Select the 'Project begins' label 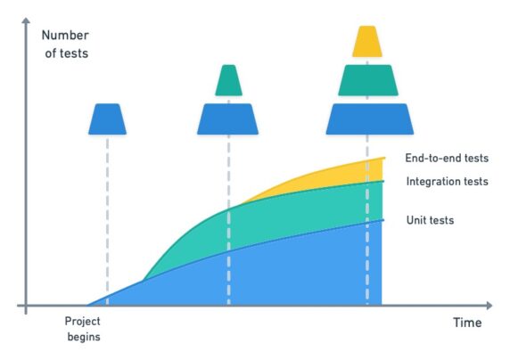82,329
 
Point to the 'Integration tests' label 447,182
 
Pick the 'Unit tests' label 430,219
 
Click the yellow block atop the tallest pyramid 367,42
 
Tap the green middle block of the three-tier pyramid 367,80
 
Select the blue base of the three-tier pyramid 368,119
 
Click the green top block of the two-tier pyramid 228,80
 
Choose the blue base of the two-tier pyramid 228,119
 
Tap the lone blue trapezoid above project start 107,119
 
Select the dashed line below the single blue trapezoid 107,214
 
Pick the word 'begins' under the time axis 82,337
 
